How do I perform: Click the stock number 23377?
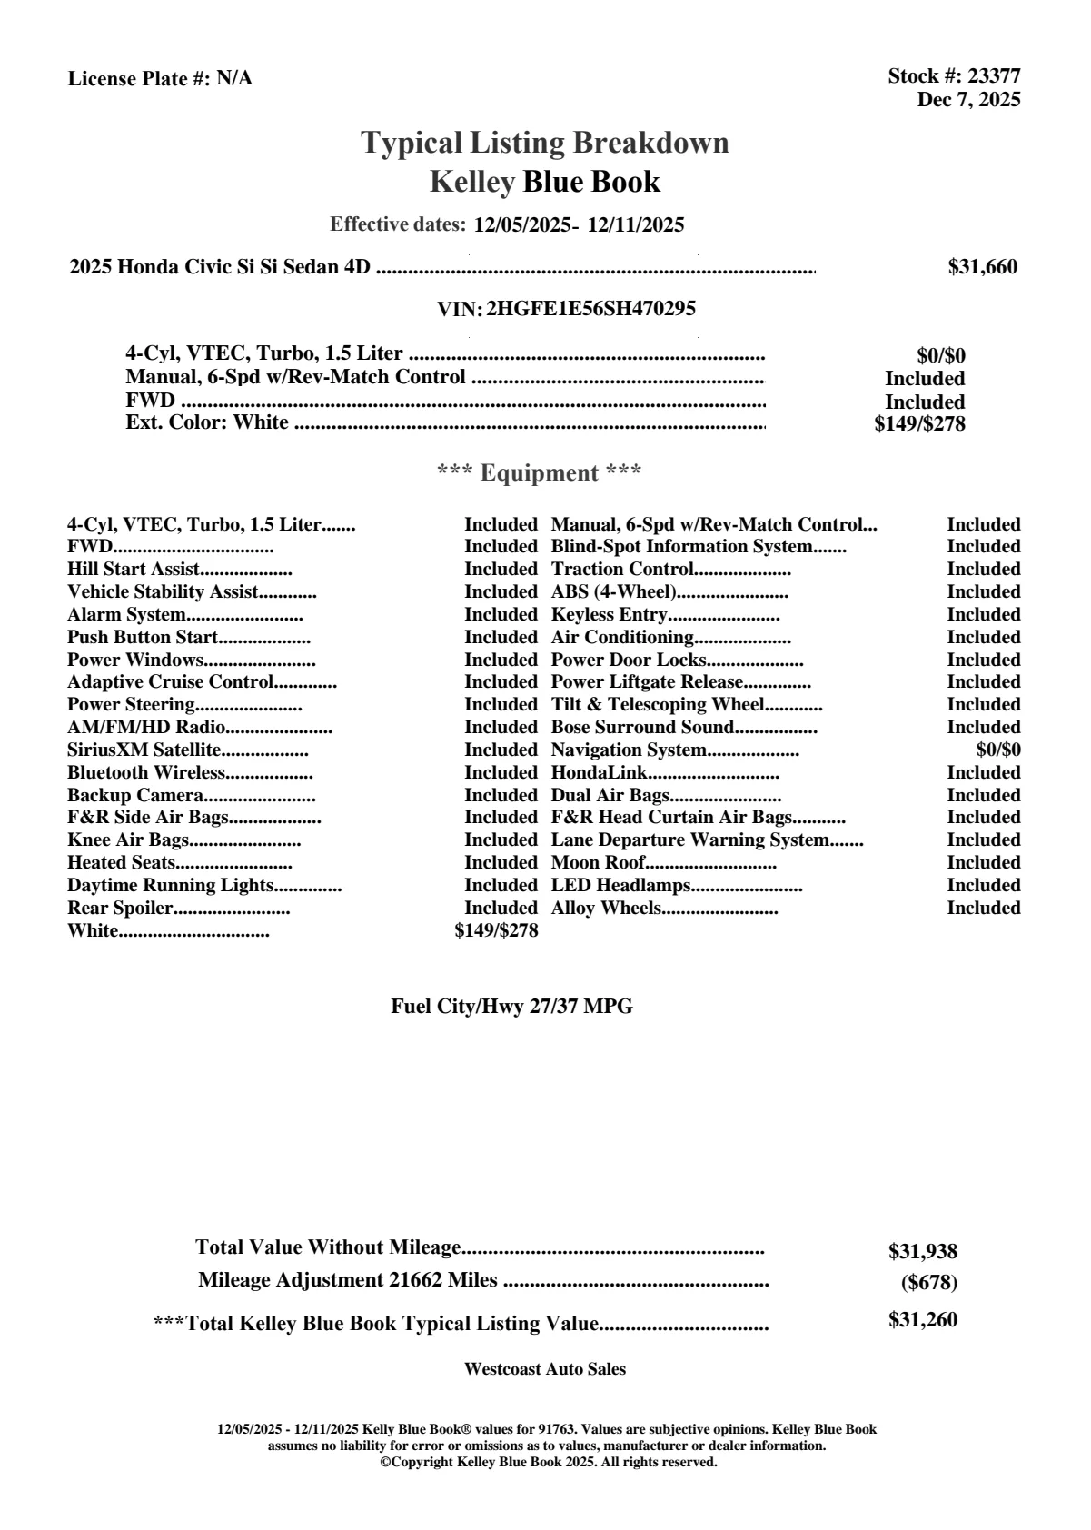994,76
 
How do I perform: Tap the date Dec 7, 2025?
968,99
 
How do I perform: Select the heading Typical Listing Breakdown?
545,143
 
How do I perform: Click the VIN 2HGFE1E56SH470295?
591,309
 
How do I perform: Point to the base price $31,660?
983,267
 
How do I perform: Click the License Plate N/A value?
234,79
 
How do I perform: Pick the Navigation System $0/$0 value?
998,750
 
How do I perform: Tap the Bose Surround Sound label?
642,728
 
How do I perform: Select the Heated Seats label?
121,863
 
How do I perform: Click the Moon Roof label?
599,863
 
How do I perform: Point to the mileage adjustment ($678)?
928,1283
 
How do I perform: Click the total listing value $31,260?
923,1320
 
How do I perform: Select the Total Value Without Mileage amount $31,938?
923,1252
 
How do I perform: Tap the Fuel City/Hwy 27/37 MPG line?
511,1007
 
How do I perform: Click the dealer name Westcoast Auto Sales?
545,1369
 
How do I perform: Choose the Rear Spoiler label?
120,909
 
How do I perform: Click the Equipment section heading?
540,473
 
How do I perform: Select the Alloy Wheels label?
606,909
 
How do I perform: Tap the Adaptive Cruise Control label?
170,682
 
